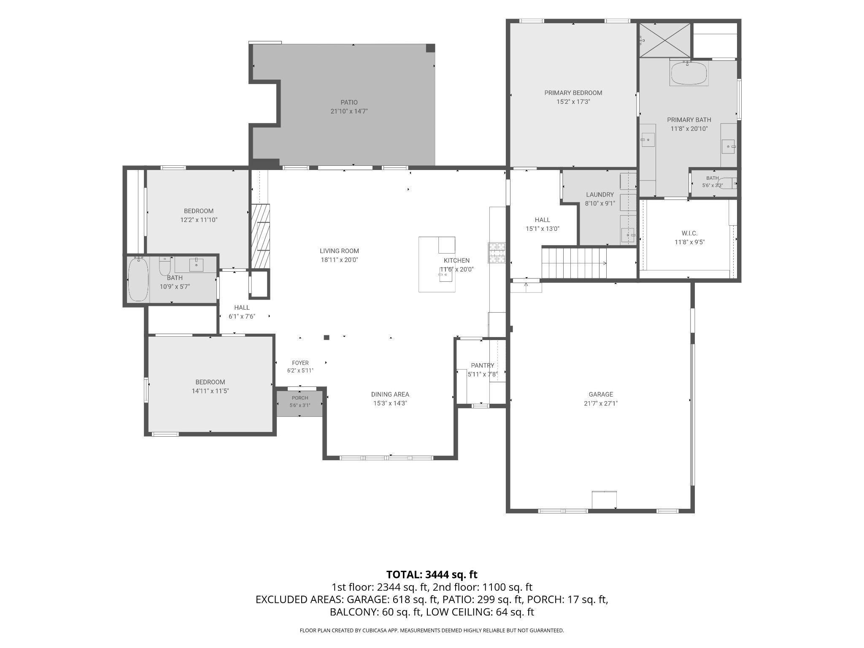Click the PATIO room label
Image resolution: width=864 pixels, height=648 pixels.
click(x=349, y=103)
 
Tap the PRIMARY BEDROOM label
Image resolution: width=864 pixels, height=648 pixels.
click(x=573, y=93)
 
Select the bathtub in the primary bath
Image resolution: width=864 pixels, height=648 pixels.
click(x=688, y=73)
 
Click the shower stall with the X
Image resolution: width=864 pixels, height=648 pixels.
click(x=665, y=40)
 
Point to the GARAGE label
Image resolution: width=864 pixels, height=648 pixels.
click(x=601, y=394)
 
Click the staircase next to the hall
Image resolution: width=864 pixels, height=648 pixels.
click(x=574, y=263)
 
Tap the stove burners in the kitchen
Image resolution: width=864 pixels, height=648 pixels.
click(x=497, y=253)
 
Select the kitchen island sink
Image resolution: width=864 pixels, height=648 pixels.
click(x=445, y=275)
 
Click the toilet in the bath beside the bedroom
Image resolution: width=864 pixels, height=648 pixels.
click(x=165, y=266)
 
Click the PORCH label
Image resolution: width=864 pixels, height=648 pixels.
click(x=300, y=398)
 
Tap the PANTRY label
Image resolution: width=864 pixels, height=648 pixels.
click(x=483, y=365)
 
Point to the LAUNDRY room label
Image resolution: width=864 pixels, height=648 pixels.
click(x=600, y=194)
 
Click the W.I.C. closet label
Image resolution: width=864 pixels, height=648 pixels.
click(x=689, y=233)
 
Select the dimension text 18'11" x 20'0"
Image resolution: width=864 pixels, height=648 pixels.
click(x=339, y=260)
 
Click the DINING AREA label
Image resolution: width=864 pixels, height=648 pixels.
click(x=390, y=394)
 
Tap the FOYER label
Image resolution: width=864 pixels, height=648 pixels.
click(x=300, y=363)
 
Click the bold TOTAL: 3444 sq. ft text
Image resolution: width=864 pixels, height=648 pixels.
click(x=432, y=575)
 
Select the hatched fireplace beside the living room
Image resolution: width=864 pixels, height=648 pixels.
click(x=260, y=236)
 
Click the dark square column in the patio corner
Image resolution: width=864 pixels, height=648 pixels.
click(x=430, y=48)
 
